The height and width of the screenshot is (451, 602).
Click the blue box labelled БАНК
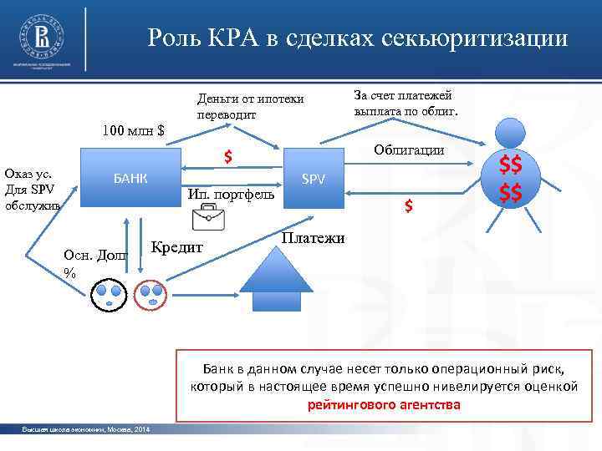tap(131, 177)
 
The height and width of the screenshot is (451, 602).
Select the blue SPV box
tap(314, 178)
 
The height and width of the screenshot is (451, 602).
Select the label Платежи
tap(313, 239)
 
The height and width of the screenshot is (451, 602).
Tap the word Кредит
tap(177, 248)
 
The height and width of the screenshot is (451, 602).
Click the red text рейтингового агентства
tap(384, 404)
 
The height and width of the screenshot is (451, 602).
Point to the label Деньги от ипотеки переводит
tap(250, 106)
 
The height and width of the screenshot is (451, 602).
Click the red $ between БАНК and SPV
tap(227, 156)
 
